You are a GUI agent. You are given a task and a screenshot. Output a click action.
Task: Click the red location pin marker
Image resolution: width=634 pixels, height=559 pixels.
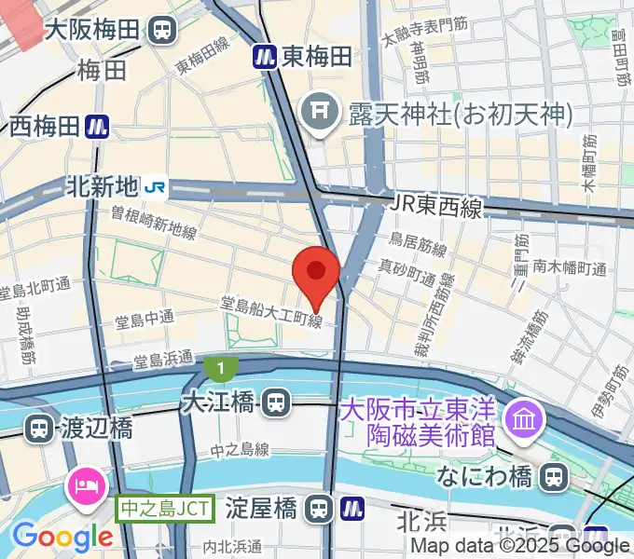[316, 274]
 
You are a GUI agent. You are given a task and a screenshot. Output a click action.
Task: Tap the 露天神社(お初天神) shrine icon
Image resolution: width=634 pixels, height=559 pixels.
[318, 115]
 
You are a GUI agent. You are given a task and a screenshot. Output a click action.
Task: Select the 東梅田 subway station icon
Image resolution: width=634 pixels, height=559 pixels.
[265, 57]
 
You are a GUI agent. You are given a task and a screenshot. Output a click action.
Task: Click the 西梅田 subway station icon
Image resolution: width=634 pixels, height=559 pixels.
[96, 126]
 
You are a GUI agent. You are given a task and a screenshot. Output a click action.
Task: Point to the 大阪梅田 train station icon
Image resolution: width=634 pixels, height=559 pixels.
[163, 30]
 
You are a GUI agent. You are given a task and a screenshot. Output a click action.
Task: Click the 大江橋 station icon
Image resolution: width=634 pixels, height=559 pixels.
[274, 403]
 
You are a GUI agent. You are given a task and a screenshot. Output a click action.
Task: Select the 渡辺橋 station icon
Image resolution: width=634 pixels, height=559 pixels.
[39, 429]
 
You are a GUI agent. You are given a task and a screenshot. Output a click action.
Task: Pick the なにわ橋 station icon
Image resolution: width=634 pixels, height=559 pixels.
[555, 477]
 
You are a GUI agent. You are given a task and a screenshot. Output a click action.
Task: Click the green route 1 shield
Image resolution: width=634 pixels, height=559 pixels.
[221, 369]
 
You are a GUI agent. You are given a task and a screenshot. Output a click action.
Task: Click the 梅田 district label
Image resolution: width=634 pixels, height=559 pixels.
[103, 70]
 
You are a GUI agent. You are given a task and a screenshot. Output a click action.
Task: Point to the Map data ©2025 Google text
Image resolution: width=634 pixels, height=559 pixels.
[520, 546]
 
